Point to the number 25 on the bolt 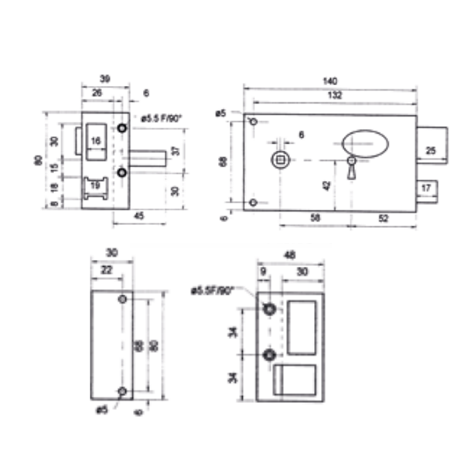(432, 150)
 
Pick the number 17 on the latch (426, 188)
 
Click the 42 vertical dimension (327, 185)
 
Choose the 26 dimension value (97, 94)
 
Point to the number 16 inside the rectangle (95, 140)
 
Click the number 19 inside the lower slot (95, 186)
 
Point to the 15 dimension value (53, 168)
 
